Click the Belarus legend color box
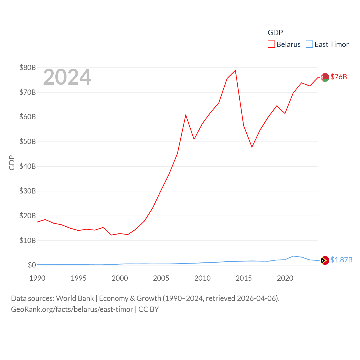pyautogui.click(x=271, y=44)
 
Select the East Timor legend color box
pyautogui.click(x=309, y=44)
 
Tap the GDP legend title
pyautogui.click(x=275, y=33)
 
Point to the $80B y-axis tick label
pyautogui.click(x=28, y=67)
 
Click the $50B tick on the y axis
pyautogui.click(x=28, y=141)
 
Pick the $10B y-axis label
pyautogui.click(x=28, y=240)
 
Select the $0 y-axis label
pyautogui.click(x=32, y=265)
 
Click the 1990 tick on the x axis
pyautogui.click(x=37, y=278)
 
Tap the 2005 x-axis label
pyautogui.click(x=161, y=278)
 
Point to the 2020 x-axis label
pyautogui.click(x=285, y=278)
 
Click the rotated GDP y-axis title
pyautogui.click(x=12, y=163)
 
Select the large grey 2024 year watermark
pyautogui.click(x=67, y=77)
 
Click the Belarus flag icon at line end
pyautogui.click(x=325, y=77)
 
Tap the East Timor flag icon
pyautogui.click(x=325, y=260)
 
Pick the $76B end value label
pyautogui.click(x=339, y=77)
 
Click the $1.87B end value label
pyautogui.click(x=341, y=260)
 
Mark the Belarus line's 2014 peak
pyautogui.click(x=235, y=70)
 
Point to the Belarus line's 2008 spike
pyautogui.click(x=186, y=115)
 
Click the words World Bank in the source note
pyautogui.click(x=75, y=298)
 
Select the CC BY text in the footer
pyautogui.click(x=149, y=309)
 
